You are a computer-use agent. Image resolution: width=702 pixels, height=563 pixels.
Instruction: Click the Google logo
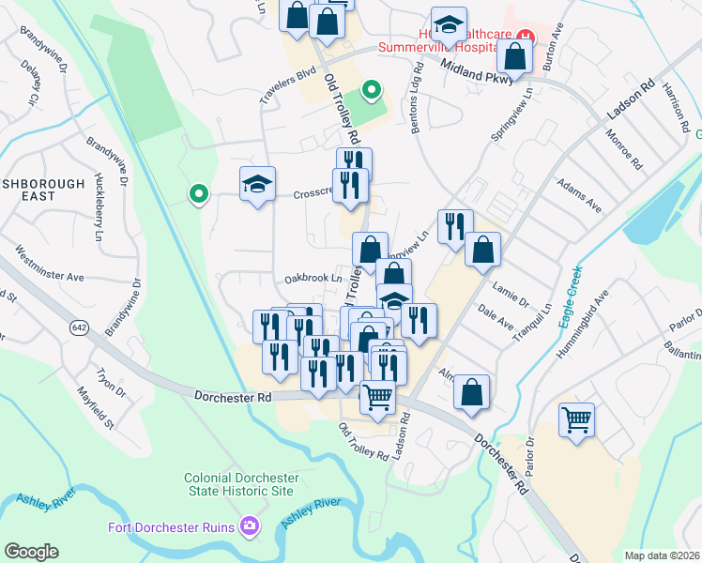31,552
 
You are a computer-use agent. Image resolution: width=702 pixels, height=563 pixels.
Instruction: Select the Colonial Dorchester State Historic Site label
239,484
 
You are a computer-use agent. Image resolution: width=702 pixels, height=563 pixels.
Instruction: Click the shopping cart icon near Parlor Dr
576,418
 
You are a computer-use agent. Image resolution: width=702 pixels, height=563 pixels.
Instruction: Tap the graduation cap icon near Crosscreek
257,183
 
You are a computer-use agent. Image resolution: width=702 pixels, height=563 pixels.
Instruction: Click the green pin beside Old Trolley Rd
372,91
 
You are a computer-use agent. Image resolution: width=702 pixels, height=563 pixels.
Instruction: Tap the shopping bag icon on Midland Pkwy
515,56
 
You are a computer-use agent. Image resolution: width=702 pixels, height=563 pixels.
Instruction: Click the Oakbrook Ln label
313,279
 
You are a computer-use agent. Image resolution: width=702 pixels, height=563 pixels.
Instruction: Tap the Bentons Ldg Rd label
414,101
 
